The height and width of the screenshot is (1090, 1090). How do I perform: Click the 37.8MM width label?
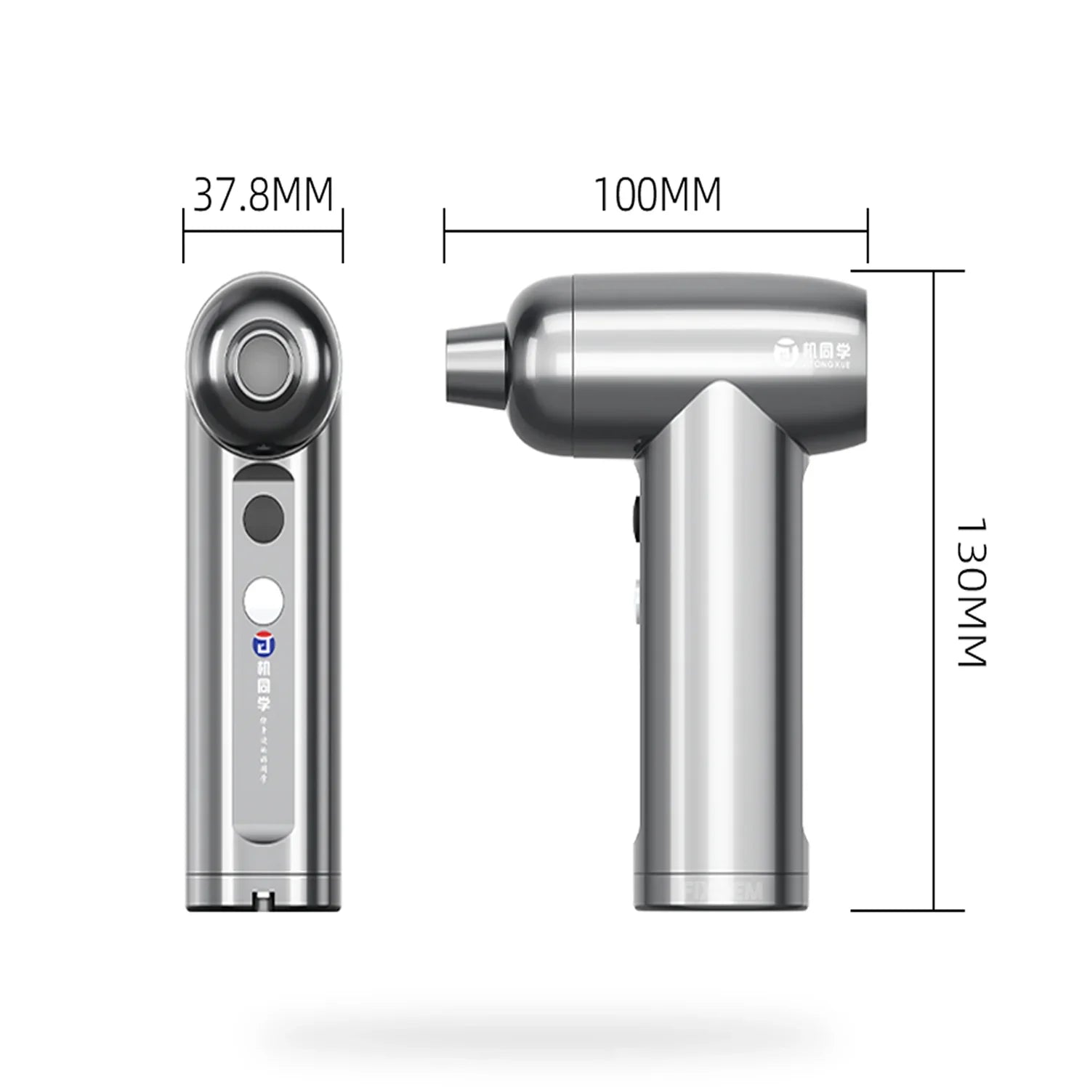click(263, 195)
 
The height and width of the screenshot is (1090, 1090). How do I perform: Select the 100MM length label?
click(658, 195)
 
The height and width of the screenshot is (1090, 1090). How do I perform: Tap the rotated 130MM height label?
click(971, 592)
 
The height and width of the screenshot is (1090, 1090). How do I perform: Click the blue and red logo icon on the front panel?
click(263, 643)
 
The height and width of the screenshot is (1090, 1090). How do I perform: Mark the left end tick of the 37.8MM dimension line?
click(183, 235)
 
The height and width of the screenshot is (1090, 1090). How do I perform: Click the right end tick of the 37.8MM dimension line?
click(342, 235)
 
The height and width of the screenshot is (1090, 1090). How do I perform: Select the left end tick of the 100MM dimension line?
click(444, 235)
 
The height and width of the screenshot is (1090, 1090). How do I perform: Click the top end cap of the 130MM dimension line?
click(934, 271)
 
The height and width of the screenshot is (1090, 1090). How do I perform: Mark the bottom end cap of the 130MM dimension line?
click(934, 910)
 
